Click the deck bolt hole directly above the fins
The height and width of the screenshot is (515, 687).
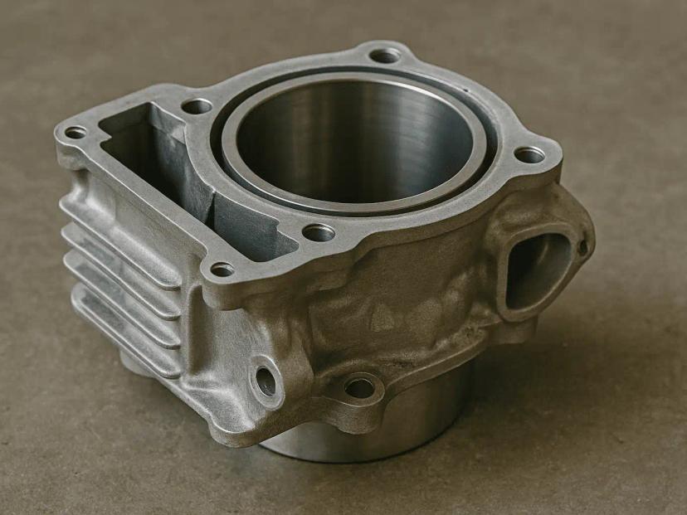pos(76,132)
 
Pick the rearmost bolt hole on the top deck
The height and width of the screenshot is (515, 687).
pos(384,56)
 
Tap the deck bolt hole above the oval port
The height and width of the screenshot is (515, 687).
pos(529,154)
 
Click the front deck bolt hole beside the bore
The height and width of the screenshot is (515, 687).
pos(319,233)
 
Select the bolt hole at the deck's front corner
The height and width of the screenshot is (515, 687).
pos(222,269)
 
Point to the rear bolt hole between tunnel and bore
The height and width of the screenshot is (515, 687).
pos(197,106)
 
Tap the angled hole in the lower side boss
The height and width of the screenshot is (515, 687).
pos(266,380)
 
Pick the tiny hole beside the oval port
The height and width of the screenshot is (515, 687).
pos(583,246)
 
